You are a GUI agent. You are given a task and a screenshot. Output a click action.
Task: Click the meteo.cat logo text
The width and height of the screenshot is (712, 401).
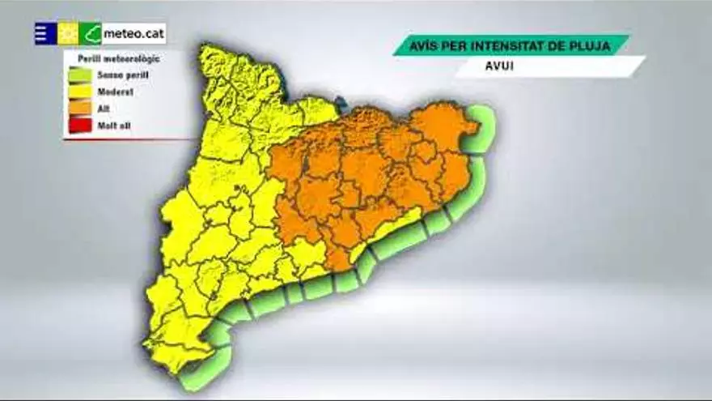click(133, 34)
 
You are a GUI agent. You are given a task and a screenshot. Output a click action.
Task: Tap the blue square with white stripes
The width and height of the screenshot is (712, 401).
click(44, 33)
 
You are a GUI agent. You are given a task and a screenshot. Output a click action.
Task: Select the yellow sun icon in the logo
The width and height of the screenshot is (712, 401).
click(67, 33)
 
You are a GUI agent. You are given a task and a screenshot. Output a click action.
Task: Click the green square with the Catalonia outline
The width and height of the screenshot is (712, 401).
click(90, 33)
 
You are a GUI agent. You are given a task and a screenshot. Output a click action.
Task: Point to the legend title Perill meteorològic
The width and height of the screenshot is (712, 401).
click(118, 58)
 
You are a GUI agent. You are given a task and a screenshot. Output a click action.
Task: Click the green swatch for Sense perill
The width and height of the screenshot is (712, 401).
click(78, 75)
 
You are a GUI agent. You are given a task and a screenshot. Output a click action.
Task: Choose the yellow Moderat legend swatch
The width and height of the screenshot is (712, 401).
click(78, 92)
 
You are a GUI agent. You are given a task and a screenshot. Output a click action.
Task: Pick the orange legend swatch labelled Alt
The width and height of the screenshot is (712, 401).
click(78, 109)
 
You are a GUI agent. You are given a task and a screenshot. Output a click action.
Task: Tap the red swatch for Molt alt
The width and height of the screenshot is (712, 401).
click(78, 125)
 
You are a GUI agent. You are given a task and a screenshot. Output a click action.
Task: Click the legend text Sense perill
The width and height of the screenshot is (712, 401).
click(124, 75)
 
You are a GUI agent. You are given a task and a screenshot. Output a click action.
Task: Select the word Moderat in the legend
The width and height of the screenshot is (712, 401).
click(116, 92)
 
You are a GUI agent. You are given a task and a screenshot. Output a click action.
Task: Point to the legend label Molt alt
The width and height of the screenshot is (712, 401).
click(114, 125)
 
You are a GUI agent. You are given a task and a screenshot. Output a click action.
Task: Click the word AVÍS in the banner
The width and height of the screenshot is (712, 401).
click(427, 44)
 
